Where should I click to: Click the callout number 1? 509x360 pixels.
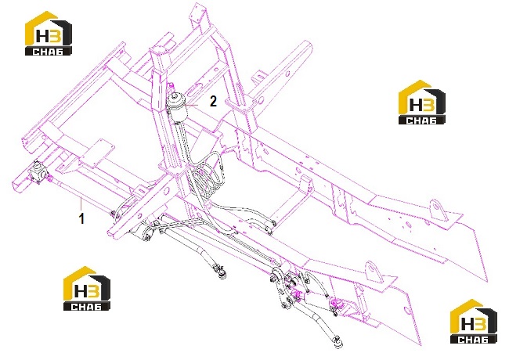tap(81, 218)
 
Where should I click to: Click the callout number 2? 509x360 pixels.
tap(213, 101)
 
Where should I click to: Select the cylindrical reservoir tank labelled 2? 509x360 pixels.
tap(177, 108)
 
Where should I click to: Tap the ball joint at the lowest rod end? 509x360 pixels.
tap(338, 343)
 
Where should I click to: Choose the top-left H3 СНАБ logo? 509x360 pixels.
tap(49, 33)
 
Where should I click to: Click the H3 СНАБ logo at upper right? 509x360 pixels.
tap(421, 102)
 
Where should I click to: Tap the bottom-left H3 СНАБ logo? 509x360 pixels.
tap(86, 289)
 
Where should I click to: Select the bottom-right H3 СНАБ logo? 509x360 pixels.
tap(473, 322)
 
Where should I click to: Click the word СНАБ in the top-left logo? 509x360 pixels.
tap(48, 51)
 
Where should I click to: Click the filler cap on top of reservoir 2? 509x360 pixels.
tap(177, 96)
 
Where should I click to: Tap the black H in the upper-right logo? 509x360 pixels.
tap(416, 104)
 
